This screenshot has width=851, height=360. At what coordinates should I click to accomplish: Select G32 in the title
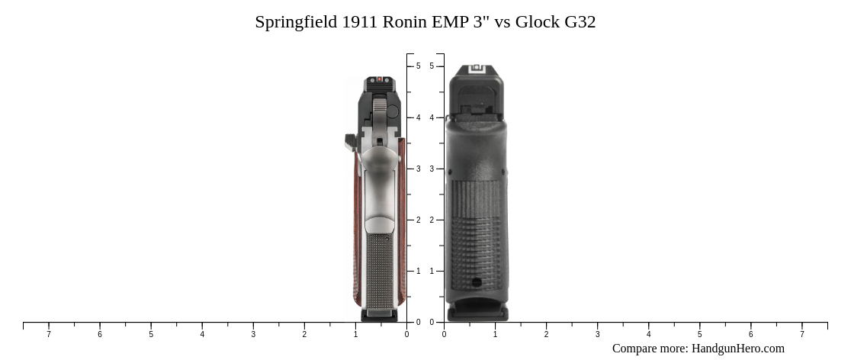pos(580,22)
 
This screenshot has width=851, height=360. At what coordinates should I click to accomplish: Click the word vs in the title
pos(503,22)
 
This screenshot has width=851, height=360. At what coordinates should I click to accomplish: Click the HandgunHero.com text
pos(737,349)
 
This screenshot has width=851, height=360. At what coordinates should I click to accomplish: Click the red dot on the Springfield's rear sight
pos(379,80)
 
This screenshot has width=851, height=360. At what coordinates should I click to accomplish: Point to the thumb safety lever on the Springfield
pos(351,140)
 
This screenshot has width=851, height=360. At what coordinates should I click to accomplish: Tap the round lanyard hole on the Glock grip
pos(477,282)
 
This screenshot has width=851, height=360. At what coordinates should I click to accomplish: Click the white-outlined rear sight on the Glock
pos(477,69)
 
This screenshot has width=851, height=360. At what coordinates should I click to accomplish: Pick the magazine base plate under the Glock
pos(477,313)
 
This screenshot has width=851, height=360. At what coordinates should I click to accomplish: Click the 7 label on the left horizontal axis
pos(49,334)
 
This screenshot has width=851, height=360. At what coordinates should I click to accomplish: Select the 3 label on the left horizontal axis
pos(253,334)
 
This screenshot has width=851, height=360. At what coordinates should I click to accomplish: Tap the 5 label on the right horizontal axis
pos(699,334)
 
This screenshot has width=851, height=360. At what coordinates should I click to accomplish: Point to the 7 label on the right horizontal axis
pos(801,334)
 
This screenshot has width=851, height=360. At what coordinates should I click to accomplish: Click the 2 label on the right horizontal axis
pos(546,334)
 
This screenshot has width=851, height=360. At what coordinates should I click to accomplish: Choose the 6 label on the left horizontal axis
pos(100,334)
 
